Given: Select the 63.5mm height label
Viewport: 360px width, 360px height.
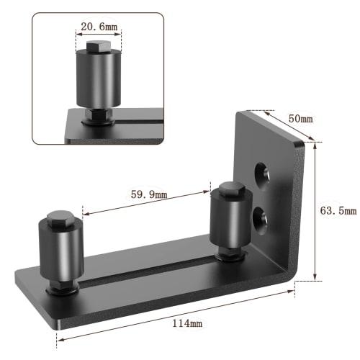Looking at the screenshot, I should click(337, 211).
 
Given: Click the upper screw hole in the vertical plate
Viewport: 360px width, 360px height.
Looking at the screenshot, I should click(262, 172).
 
